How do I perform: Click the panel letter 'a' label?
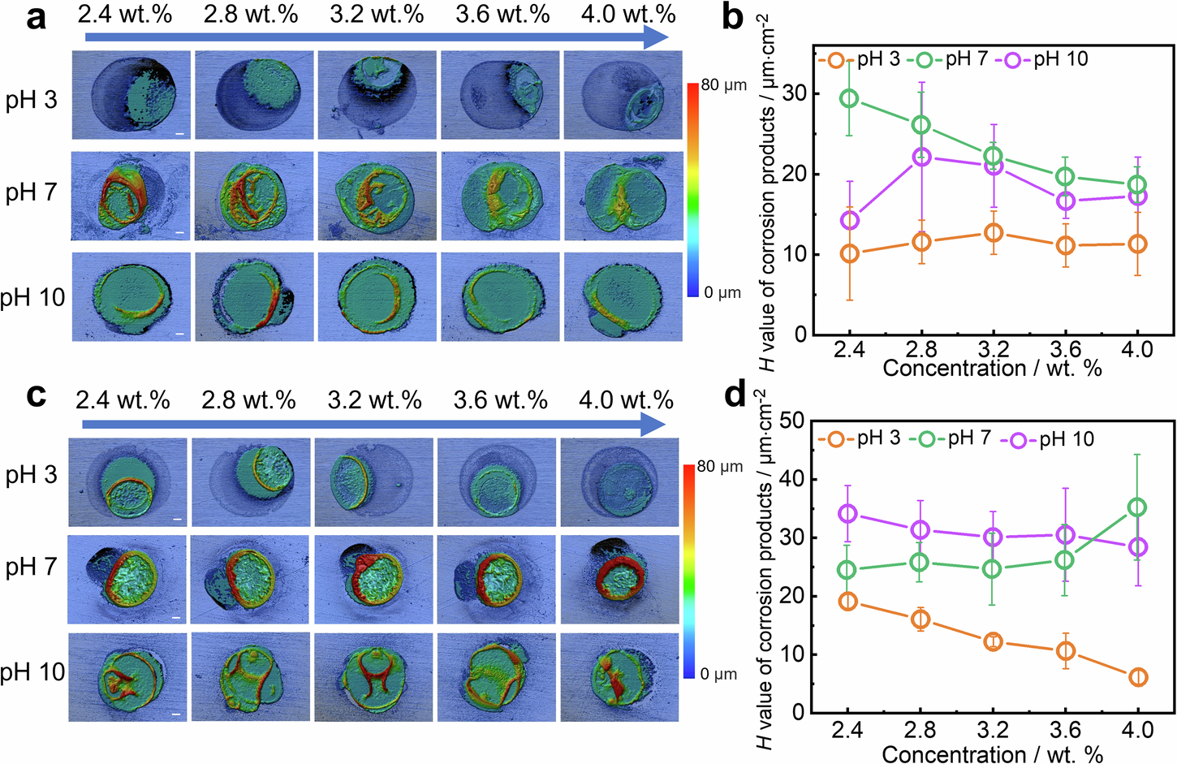point(36,16)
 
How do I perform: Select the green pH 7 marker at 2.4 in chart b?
point(849,98)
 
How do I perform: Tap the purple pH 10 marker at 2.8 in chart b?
point(921,157)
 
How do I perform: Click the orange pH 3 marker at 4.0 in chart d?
point(1138,677)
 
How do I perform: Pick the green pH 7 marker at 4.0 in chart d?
point(1138,507)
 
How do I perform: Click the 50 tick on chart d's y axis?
point(792,421)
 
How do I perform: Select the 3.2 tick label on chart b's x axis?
point(993,349)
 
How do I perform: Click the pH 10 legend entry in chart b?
point(1047,59)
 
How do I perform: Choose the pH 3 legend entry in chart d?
point(865,438)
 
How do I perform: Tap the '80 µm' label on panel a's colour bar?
point(723,85)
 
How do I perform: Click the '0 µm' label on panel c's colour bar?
point(718,674)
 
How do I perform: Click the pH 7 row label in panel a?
point(32,192)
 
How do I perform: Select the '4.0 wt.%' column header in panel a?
point(628,15)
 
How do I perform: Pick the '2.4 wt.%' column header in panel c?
point(123,400)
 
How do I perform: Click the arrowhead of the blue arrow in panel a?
point(656,37)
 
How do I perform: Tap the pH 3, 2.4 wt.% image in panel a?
point(131,95)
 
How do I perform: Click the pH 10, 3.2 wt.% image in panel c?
point(374,677)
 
